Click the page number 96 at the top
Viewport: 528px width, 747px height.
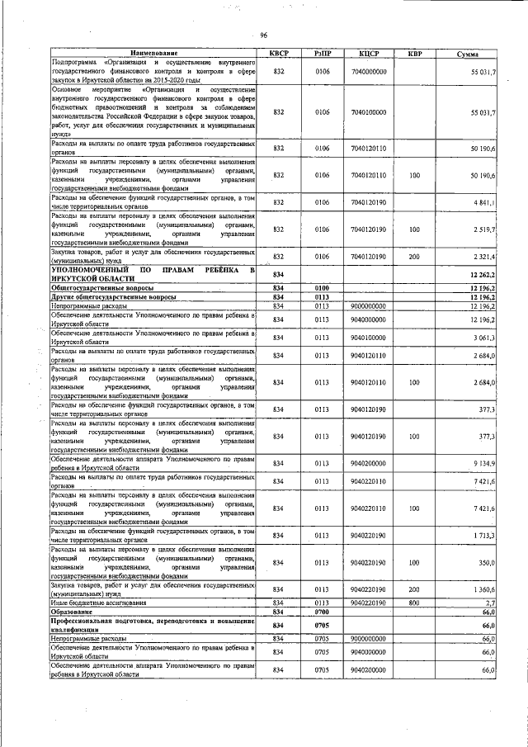pyautogui.click(x=263, y=35)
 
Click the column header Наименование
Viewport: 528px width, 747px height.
pyautogui.click(x=153, y=54)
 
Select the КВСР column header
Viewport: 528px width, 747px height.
pyautogui.click(x=278, y=54)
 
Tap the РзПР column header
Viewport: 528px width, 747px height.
pyautogui.click(x=323, y=54)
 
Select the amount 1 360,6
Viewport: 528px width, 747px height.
pyautogui.click(x=483, y=589)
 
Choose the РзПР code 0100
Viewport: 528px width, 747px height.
pyautogui.click(x=323, y=287)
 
